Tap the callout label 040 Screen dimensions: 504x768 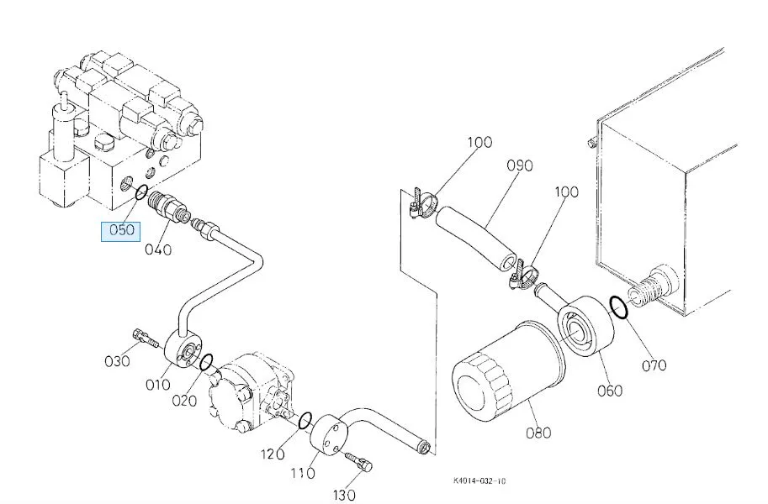[157, 249]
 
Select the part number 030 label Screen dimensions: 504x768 [117, 361]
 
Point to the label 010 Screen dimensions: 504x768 [157, 386]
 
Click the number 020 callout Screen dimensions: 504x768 [184, 401]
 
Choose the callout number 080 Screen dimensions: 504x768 [538, 433]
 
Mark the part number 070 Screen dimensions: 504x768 [654, 365]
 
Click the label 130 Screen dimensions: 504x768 [346, 494]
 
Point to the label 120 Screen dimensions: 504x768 [273, 454]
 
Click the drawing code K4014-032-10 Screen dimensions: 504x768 [479, 481]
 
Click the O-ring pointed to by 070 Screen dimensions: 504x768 [618, 308]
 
